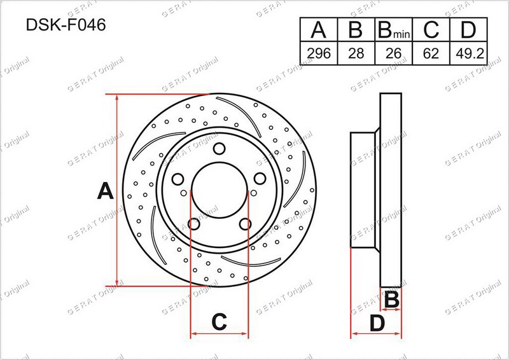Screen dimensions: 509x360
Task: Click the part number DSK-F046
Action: tap(66, 25)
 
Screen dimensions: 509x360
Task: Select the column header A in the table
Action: tap(319, 29)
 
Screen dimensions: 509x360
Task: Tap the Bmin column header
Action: tap(393, 29)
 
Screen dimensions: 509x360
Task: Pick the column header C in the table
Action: tap(431, 29)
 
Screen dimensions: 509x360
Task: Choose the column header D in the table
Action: tap(468, 29)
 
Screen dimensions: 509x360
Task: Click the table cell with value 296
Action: tap(319, 53)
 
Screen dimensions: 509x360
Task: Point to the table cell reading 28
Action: tap(356, 53)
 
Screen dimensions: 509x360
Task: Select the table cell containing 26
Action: tap(393, 53)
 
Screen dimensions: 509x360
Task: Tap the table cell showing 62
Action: tap(431, 53)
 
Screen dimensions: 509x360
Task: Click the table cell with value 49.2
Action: tap(468, 53)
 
